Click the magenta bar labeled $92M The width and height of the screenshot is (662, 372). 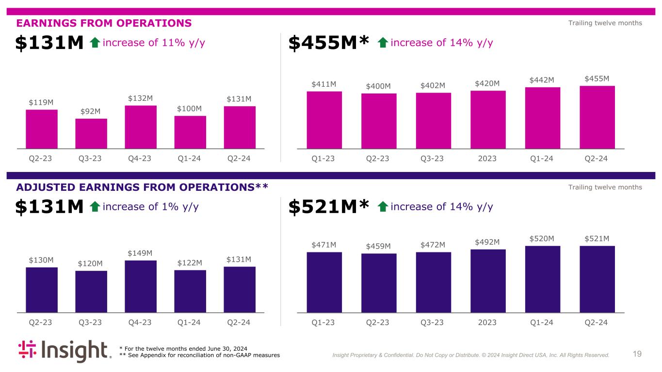pos(91,133)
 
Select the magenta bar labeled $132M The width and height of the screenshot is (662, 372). pos(141,126)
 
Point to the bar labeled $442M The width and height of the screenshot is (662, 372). pos(543,118)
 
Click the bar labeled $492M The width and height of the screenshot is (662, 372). pos(488,280)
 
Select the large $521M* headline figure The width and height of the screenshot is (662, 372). pos(329,207)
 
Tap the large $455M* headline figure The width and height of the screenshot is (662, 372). pos(329,43)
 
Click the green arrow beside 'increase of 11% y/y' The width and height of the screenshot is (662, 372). pos(95,43)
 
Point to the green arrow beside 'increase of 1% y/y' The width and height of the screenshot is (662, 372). pos(95,207)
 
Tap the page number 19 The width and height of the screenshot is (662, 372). pos(637,354)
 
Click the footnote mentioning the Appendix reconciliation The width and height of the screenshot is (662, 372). pos(199,356)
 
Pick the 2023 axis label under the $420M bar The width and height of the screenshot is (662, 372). pos(488,158)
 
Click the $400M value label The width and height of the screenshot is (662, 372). pos(378,86)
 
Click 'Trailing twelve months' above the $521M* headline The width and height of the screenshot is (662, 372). pos(605,187)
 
